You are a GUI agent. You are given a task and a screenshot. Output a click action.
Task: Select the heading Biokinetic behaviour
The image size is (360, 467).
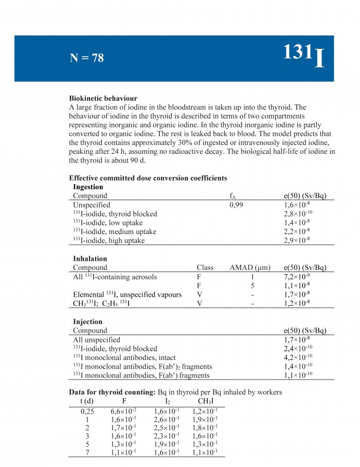click(103, 98)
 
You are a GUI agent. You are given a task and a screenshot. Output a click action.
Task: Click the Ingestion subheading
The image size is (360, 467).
click(88, 187)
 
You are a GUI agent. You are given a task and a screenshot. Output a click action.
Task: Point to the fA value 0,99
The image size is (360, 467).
click(237, 205)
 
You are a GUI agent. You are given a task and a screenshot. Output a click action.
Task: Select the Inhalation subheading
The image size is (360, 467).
click(90, 259)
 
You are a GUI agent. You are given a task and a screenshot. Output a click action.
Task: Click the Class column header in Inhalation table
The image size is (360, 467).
click(205, 267)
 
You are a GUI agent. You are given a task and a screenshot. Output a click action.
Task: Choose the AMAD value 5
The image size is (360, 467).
click(253, 285)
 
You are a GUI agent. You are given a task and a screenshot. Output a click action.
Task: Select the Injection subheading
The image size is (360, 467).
click(87, 322)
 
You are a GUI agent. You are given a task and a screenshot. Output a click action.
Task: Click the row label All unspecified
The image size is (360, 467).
click(97, 339)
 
